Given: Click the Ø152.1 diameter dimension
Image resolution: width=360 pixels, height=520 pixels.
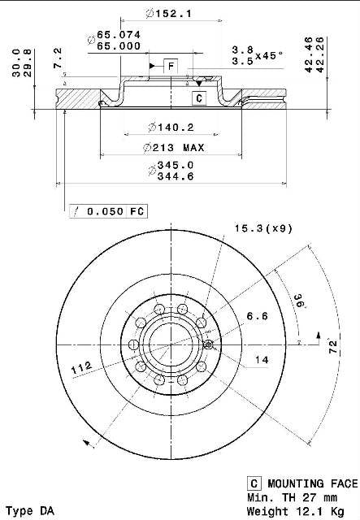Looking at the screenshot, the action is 168,14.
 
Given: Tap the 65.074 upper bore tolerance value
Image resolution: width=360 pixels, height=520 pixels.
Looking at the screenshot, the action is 119,35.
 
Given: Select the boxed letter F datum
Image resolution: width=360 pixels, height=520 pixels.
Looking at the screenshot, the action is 171,67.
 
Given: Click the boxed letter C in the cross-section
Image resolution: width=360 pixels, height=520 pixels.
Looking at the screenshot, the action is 199,98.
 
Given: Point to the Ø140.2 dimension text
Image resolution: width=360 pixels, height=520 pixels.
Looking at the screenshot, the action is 171,128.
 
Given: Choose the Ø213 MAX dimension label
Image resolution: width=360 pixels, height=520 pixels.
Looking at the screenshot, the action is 174,148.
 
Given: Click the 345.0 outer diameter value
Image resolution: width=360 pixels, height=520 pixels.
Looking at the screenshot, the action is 176,165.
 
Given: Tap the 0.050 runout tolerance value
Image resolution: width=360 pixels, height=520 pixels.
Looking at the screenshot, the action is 105,211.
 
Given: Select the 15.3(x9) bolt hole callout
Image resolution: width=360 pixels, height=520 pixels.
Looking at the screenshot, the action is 264,228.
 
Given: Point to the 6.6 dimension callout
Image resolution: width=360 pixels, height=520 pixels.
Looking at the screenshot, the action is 257,316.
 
